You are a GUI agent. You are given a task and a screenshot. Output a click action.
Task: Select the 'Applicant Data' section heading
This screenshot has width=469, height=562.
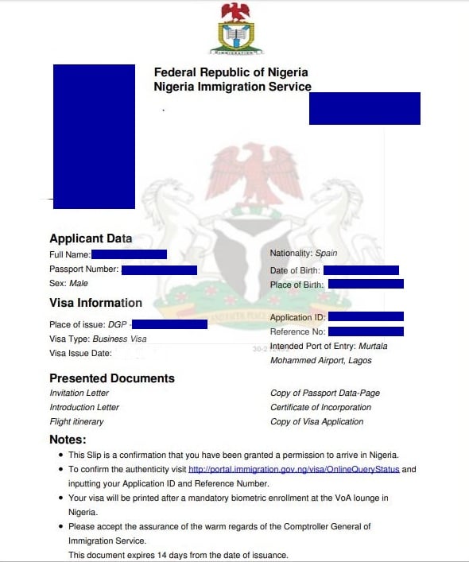[x=91, y=238]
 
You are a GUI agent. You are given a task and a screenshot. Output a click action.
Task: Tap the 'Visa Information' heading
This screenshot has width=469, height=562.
[x=95, y=303]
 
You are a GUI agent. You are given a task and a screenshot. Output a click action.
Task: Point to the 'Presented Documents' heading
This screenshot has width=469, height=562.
[x=112, y=378]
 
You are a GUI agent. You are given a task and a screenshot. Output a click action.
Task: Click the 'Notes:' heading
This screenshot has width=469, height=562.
[x=68, y=439]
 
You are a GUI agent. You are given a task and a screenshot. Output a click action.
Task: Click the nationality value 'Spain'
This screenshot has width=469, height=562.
[x=326, y=254]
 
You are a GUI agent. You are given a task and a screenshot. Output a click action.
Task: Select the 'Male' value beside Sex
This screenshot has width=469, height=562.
[x=79, y=283]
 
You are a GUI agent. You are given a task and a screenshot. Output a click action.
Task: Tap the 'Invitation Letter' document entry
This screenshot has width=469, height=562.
[x=79, y=393]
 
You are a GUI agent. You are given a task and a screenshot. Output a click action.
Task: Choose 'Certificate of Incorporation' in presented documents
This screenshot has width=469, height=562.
[x=320, y=407]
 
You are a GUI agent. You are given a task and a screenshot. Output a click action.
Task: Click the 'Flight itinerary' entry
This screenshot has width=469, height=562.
[x=76, y=421]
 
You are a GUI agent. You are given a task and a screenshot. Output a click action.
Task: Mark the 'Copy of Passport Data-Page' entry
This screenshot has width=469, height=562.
[x=324, y=393]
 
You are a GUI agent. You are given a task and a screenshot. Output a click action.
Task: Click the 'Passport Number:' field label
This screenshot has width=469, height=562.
[x=83, y=269]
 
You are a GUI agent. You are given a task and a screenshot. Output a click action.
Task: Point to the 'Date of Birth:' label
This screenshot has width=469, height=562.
[x=294, y=271]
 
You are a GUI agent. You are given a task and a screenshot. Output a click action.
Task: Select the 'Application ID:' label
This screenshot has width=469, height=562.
[x=296, y=318]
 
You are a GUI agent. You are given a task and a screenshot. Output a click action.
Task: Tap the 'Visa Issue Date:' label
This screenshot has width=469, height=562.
[x=80, y=354]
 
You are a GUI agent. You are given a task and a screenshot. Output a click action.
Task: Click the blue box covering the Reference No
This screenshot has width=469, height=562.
[x=366, y=331]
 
